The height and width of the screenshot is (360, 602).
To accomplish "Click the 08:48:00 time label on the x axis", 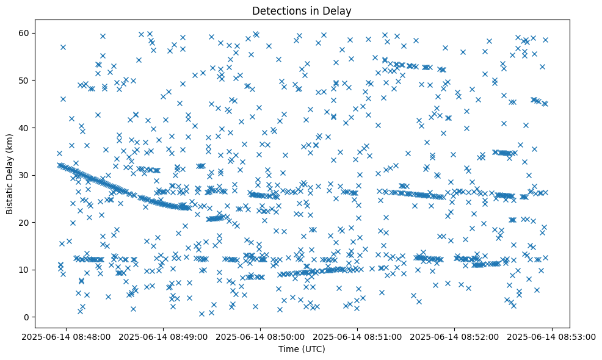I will click(67, 336).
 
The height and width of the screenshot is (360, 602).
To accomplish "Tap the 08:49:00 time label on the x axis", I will click(164, 336).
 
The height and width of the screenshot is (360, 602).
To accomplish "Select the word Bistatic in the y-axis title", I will click(10, 198).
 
